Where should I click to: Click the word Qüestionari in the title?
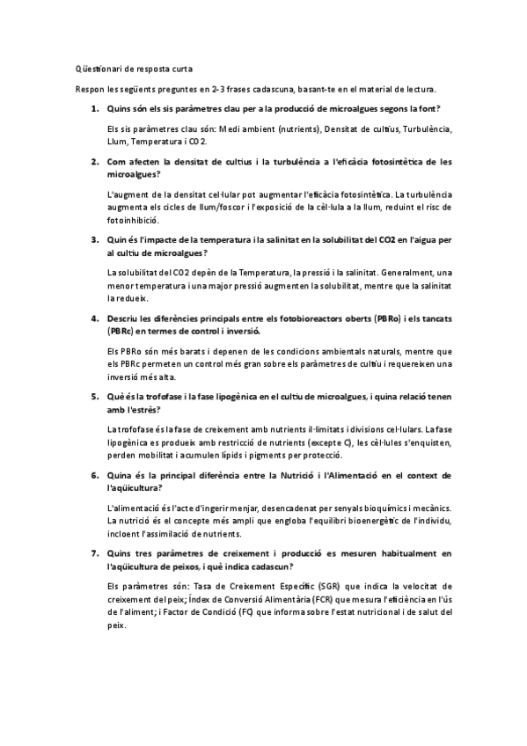[x=96, y=68]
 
